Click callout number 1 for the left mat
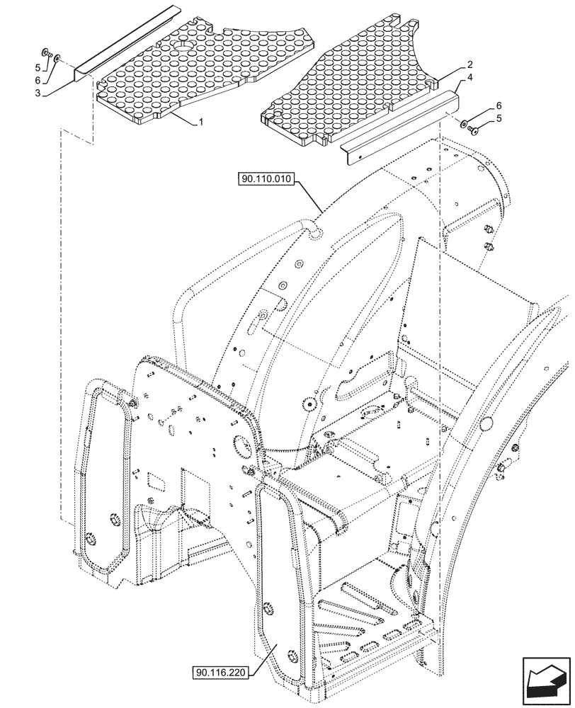click(201, 122)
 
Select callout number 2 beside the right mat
click(470, 64)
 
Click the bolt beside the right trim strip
click(474, 128)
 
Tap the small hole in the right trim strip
click(358, 151)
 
